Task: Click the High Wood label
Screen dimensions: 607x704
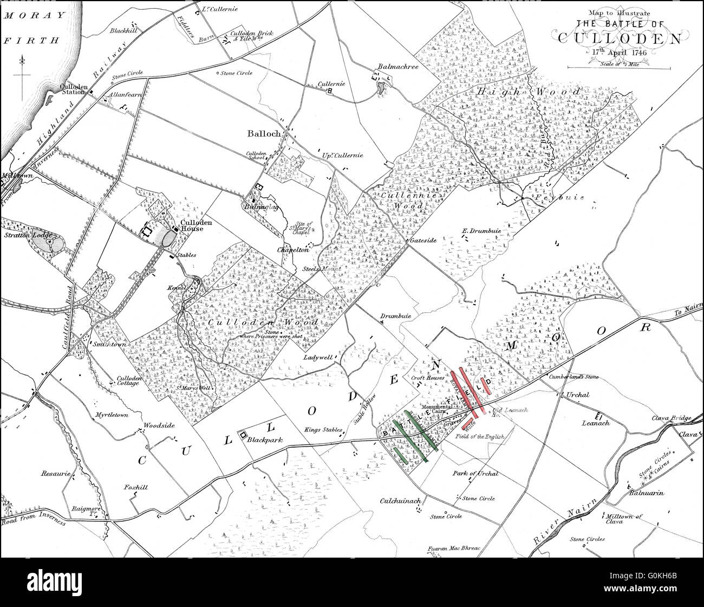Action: (529, 92)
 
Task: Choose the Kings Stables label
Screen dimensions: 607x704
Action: (323, 430)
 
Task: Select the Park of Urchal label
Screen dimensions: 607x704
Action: (475, 473)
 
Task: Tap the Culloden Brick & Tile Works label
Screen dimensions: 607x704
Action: (251, 36)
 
